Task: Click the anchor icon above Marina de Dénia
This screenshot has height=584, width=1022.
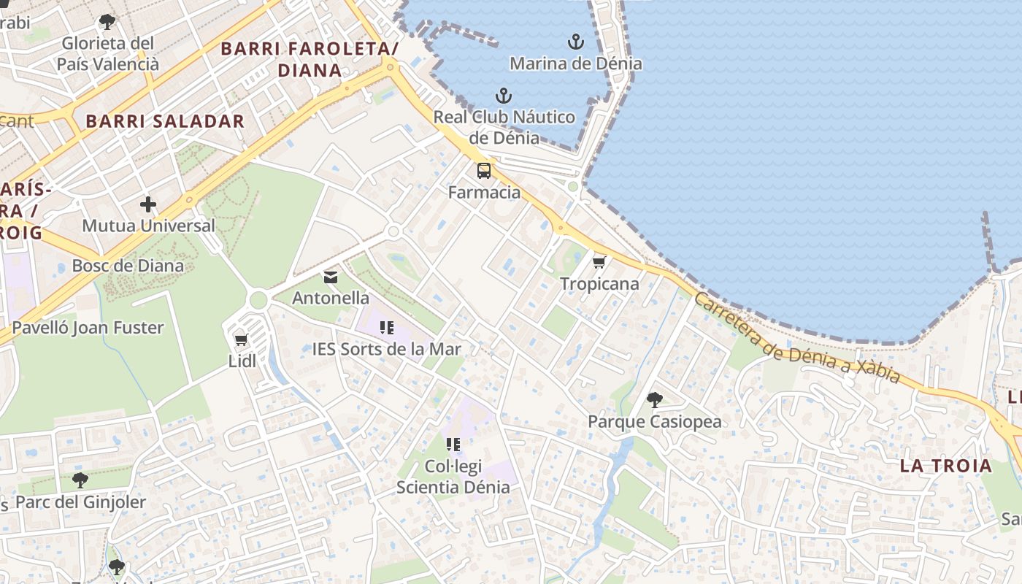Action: coord(576,42)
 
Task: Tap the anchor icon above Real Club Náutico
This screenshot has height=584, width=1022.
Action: coord(503,96)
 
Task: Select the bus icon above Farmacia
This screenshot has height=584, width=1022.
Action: coord(484,171)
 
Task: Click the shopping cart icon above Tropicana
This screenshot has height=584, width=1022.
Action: coord(599,262)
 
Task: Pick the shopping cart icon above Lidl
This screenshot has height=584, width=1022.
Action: coord(242,339)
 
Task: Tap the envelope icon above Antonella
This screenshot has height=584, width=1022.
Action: coord(331,277)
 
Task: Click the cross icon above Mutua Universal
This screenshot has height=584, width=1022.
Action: coord(148,204)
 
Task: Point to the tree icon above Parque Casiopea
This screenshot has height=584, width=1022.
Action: coord(655,400)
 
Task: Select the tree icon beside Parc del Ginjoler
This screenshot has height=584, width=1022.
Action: coord(80,480)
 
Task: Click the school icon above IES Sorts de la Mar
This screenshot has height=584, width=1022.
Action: coord(387,328)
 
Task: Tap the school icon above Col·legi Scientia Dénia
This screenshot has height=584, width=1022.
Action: coord(453,444)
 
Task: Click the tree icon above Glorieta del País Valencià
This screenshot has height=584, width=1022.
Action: coord(107,22)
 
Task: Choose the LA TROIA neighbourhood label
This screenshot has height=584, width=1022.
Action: coord(945,466)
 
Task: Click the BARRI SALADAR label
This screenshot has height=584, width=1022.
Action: coord(165,121)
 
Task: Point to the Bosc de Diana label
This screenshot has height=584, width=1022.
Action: coord(128,266)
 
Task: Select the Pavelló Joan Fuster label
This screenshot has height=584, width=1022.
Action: coord(88,328)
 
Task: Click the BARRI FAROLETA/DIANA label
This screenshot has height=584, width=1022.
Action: coord(310,59)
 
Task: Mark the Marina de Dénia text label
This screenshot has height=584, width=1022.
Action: coord(576,64)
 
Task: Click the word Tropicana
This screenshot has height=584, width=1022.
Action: coord(599,284)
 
